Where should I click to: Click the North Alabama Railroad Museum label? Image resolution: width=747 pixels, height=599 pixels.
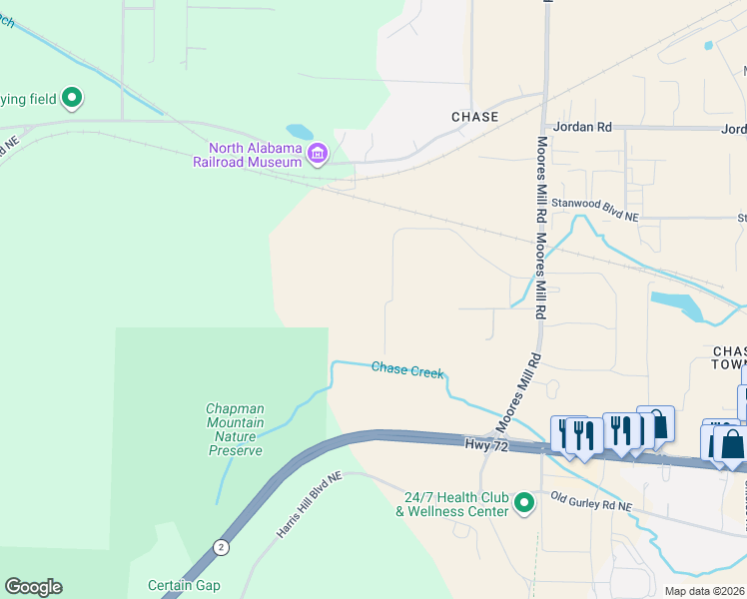248,155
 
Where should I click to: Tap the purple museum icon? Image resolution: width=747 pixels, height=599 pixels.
318,153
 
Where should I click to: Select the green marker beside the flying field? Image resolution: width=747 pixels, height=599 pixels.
71,98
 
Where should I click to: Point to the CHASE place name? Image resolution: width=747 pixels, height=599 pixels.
474,117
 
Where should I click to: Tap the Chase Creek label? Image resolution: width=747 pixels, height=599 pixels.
406,369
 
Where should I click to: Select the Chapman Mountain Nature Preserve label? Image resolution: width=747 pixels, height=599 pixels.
235,429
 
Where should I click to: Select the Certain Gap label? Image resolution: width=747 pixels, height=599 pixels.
184,585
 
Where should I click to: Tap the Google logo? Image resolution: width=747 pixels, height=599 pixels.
33,587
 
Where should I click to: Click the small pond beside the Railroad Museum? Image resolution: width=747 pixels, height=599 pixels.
299,132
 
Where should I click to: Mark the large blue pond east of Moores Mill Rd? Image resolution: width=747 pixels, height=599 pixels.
677,304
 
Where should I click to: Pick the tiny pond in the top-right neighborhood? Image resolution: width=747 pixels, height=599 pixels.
708,45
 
